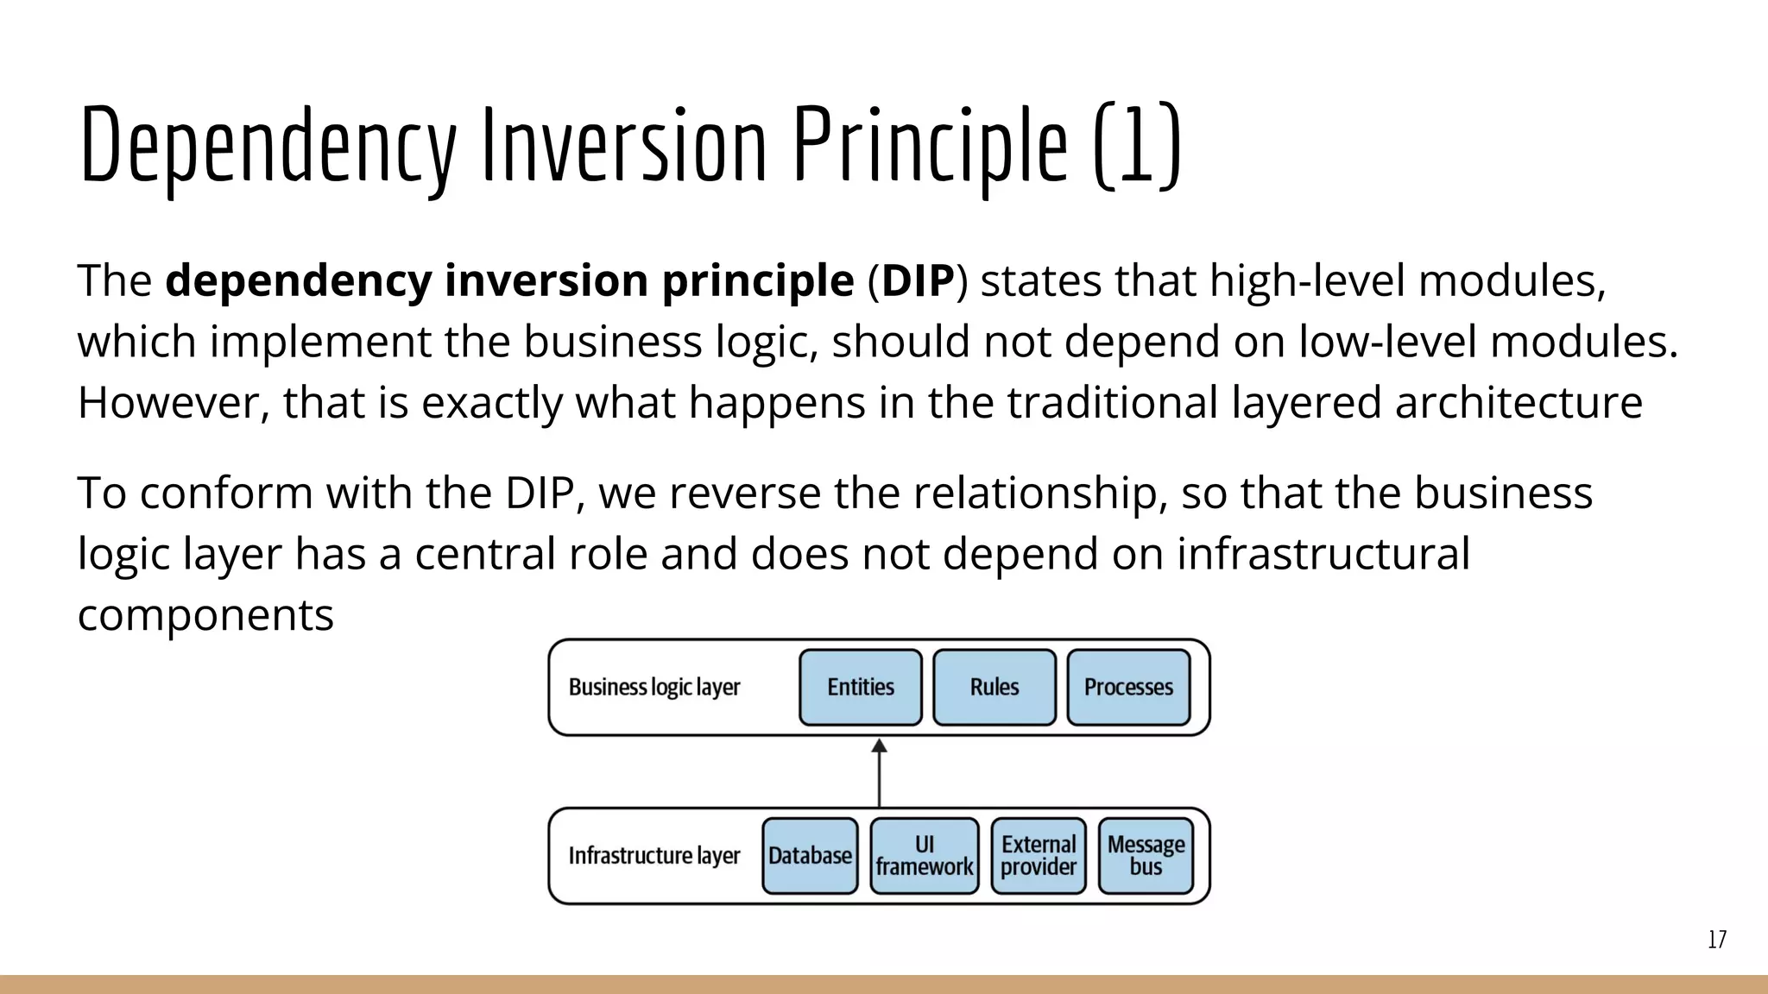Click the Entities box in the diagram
pos(861,688)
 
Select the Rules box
pos(994,688)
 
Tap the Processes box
pos(1128,688)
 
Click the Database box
pos(810,856)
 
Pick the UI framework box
pos(925,856)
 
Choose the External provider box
pos(1039,856)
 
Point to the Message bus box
pos(1146,856)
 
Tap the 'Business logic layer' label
pos(654,688)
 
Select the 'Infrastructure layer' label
pos(654,856)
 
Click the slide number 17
pos(1716,940)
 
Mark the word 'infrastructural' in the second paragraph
pos(1323,554)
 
